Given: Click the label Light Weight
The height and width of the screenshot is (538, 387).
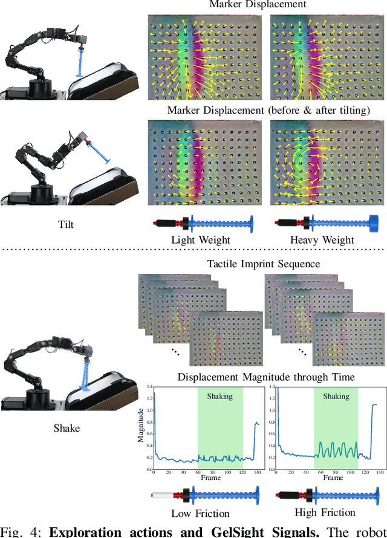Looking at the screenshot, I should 201,240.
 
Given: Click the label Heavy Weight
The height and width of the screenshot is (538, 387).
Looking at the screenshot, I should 322,240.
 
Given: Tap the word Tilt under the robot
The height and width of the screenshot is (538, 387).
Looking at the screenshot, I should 66,224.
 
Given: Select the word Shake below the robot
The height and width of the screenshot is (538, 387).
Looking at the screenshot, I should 66,428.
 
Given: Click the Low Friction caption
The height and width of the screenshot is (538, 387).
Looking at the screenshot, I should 201,513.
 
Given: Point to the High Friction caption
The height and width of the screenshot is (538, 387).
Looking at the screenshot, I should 325,512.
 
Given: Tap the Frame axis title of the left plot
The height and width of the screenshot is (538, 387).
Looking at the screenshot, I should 211,478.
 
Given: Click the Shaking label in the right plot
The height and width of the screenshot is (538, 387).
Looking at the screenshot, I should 336,397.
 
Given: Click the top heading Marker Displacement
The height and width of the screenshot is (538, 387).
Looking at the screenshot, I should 258,5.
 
